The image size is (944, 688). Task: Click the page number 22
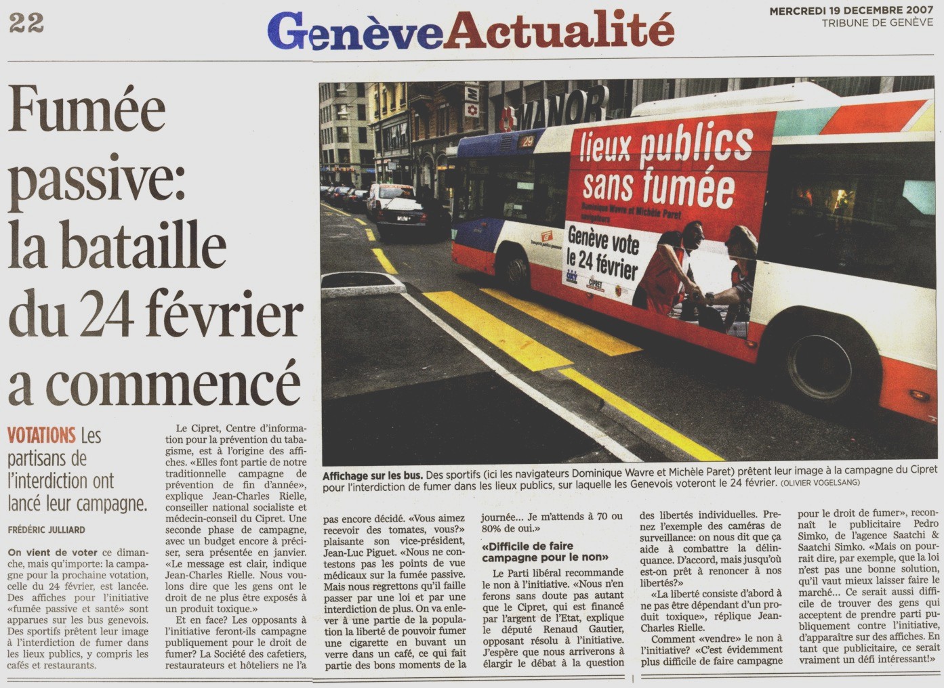26,23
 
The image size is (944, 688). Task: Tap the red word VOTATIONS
41,435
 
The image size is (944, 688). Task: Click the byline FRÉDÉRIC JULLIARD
47,529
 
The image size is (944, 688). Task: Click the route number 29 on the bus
527,142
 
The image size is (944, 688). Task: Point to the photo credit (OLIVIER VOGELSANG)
820,483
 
